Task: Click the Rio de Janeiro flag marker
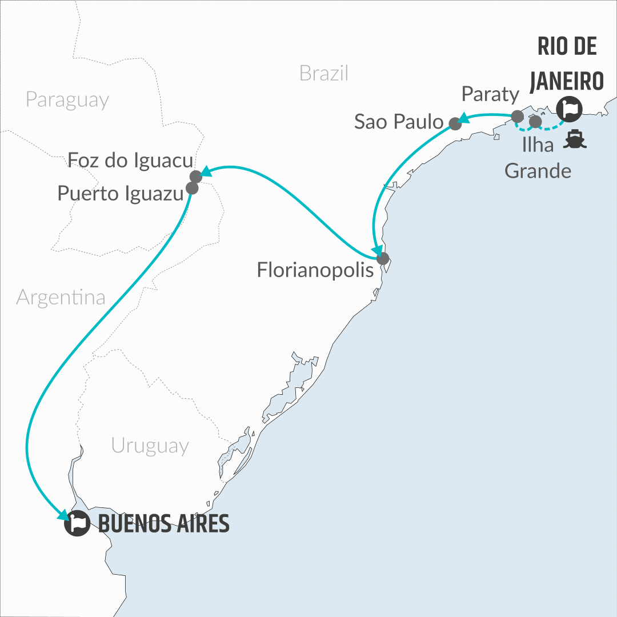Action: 569,107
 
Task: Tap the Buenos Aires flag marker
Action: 77,523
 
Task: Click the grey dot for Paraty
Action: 517,117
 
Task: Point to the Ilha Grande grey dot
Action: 535,121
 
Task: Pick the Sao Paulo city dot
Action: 455,123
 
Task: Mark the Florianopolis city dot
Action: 382,258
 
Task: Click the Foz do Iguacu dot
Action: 196,176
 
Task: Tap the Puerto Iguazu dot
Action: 192,187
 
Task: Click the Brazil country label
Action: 323,73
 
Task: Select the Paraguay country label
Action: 67,99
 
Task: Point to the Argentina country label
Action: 61,297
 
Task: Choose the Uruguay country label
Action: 150,445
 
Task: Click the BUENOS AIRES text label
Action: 163,523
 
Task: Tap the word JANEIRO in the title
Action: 566,81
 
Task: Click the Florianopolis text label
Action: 315,270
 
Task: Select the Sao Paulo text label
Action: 398,122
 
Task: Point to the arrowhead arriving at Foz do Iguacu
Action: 205,172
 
